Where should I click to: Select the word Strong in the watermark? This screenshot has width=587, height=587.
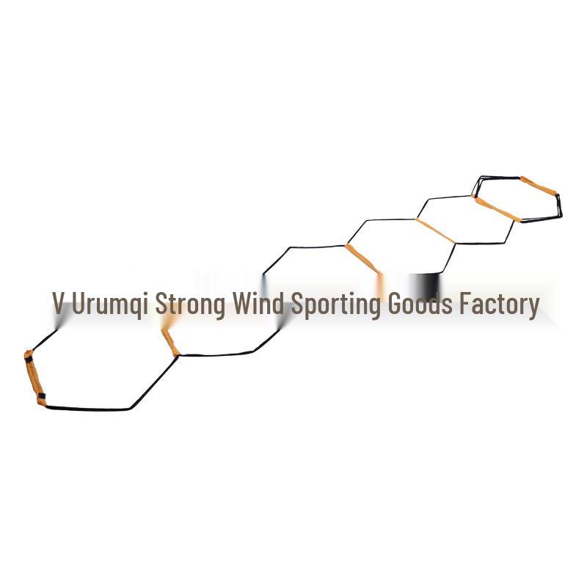pos(190,305)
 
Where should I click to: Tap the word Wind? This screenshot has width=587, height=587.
pos(258,302)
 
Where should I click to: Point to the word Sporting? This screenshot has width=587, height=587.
pos(336,305)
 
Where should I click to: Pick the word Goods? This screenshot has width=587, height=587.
pos(420,303)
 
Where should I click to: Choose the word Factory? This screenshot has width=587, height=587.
pos(500,305)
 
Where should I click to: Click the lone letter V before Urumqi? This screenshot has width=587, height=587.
pos(58,303)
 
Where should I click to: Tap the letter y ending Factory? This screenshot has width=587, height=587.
pos(533,308)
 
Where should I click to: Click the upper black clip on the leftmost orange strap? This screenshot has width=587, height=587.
pos(29,359)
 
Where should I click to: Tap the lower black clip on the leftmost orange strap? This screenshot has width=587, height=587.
pos(42,395)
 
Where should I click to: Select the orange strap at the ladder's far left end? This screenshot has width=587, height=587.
pos(34,378)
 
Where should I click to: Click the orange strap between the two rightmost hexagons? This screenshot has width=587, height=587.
pos(497,209)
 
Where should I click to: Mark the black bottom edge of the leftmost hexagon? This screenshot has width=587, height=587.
pos(88,409)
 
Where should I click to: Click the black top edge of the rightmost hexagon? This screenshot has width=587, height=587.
pos(500,177)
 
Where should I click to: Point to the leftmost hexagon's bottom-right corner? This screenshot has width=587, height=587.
pos(131,409)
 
